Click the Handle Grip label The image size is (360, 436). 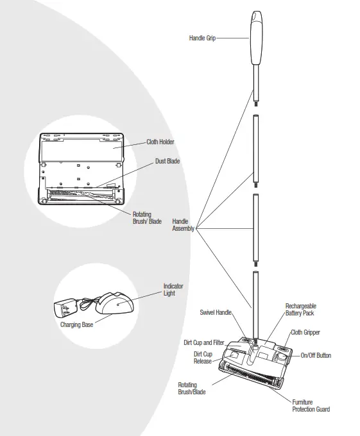(x=202, y=38)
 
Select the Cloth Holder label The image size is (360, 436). (x=160, y=142)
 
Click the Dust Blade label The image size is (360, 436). (x=167, y=162)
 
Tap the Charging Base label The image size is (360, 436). (x=76, y=325)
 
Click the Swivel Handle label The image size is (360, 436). (x=215, y=312)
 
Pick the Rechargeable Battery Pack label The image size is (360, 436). (x=300, y=310)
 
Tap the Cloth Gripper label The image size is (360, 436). (x=305, y=333)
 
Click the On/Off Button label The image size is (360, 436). (x=316, y=355)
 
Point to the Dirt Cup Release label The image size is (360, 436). (x=203, y=357)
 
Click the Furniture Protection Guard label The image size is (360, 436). (x=311, y=405)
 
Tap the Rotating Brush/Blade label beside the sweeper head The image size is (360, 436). (x=192, y=389)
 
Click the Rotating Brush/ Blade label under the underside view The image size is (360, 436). (x=147, y=218)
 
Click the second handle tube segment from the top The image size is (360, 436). (x=255, y=147)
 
